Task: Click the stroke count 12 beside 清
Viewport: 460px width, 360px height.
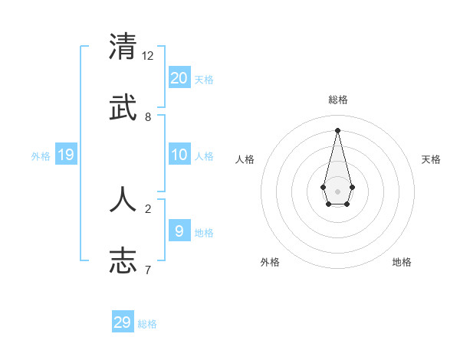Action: click(148, 56)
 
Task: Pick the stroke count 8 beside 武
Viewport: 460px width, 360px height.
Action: click(148, 117)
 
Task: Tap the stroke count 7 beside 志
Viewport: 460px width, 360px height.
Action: click(148, 270)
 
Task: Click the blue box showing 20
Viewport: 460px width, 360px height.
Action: click(179, 77)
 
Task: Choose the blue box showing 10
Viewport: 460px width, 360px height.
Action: click(179, 155)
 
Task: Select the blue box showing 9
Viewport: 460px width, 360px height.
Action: click(179, 231)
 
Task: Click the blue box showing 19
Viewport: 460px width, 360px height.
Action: click(66, 155)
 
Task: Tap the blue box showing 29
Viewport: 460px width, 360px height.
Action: click(123, 322)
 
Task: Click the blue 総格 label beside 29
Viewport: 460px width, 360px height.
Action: click(147, 324)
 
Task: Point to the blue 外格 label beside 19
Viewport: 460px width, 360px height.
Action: click(41, 155)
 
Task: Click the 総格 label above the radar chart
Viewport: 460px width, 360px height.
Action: click(338, 100)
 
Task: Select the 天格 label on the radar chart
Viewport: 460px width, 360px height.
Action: click(431, 159)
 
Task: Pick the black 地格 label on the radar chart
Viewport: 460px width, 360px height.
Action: click(402, 263)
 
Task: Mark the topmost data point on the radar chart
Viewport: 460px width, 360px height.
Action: click(338, 129)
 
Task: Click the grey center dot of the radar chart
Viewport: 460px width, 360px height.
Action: click(338, 191)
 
